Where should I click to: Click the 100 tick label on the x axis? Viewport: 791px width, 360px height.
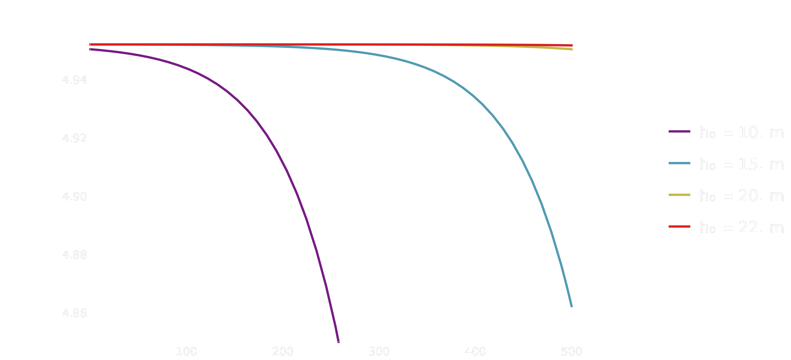(x=186, y=352)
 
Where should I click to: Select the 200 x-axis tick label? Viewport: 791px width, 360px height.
(x=282, y=352)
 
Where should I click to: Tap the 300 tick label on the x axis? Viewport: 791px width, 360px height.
(x=379, y=352)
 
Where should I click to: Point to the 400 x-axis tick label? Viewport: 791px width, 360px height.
(x=475, y=352)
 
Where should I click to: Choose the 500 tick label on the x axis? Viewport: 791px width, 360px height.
(x=571, y=352)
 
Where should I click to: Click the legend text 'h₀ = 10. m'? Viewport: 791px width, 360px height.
(x=741, y=133)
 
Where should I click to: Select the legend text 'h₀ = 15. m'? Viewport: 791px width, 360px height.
(x=741, y=164)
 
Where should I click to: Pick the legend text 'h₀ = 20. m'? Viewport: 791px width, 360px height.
(x=741, y=196)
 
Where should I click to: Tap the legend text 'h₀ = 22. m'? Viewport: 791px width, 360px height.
(x=741, y=227)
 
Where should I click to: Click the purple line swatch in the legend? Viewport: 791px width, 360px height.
(x=680, y=131)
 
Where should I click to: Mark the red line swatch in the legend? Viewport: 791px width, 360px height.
(x=680, y=227)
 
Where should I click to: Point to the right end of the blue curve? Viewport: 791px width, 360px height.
(x=571, y=306)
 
